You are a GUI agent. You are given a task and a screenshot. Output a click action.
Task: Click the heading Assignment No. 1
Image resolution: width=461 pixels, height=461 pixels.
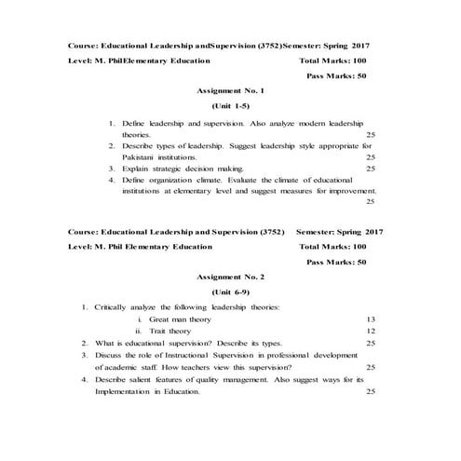pos(231,91)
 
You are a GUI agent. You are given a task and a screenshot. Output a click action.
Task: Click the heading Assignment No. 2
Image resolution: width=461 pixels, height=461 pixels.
pos(231,277)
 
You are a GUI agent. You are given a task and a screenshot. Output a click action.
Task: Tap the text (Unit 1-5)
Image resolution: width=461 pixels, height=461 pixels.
pos(231,107)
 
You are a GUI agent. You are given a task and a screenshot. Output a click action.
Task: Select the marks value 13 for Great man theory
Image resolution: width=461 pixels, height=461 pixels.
pos(371,319)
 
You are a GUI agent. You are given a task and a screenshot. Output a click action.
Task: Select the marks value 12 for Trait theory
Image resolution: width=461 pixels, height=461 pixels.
pos(371,331)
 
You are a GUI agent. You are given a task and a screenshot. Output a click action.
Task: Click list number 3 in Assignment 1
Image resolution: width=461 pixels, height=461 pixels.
pos(112,169)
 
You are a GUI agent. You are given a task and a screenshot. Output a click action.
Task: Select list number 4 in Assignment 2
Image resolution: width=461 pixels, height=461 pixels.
pos(84,379)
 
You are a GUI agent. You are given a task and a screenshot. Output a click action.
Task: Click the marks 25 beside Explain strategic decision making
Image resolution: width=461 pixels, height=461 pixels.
pos(371,169)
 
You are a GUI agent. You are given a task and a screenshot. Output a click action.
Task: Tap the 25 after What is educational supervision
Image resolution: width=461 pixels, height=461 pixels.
pos(371,343)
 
